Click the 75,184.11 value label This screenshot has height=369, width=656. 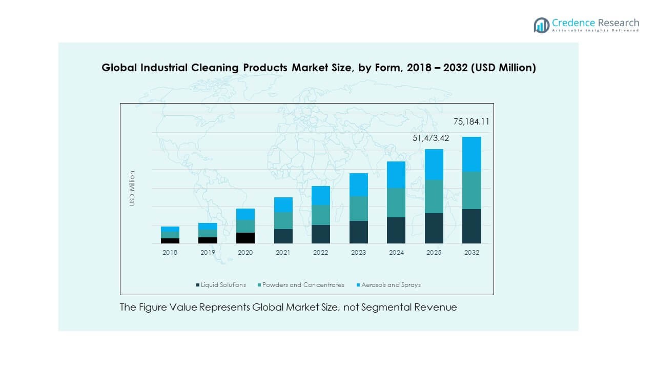pos(471,122)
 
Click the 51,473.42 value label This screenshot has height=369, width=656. pos(431,138)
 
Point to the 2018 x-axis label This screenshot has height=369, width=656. pos(170,252)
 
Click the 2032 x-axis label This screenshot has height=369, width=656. pos(471,252)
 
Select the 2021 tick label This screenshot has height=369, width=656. pos(283,252)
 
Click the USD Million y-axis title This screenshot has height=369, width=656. pos(132,188)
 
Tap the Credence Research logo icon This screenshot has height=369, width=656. pos(541,25)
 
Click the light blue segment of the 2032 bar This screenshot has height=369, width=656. pos(471,154)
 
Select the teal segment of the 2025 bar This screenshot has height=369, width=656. pos(434,196)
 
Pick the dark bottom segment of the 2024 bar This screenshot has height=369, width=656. pos(396,230)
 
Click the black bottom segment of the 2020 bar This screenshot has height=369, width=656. pos(245,238)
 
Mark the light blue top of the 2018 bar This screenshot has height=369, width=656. pos(170,229)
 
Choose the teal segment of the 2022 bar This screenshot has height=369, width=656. pos(321,215)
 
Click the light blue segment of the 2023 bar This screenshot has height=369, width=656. pos(358,184)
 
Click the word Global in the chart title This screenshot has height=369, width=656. pos(116,68)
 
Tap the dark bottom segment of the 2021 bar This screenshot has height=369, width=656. pos(283,236)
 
